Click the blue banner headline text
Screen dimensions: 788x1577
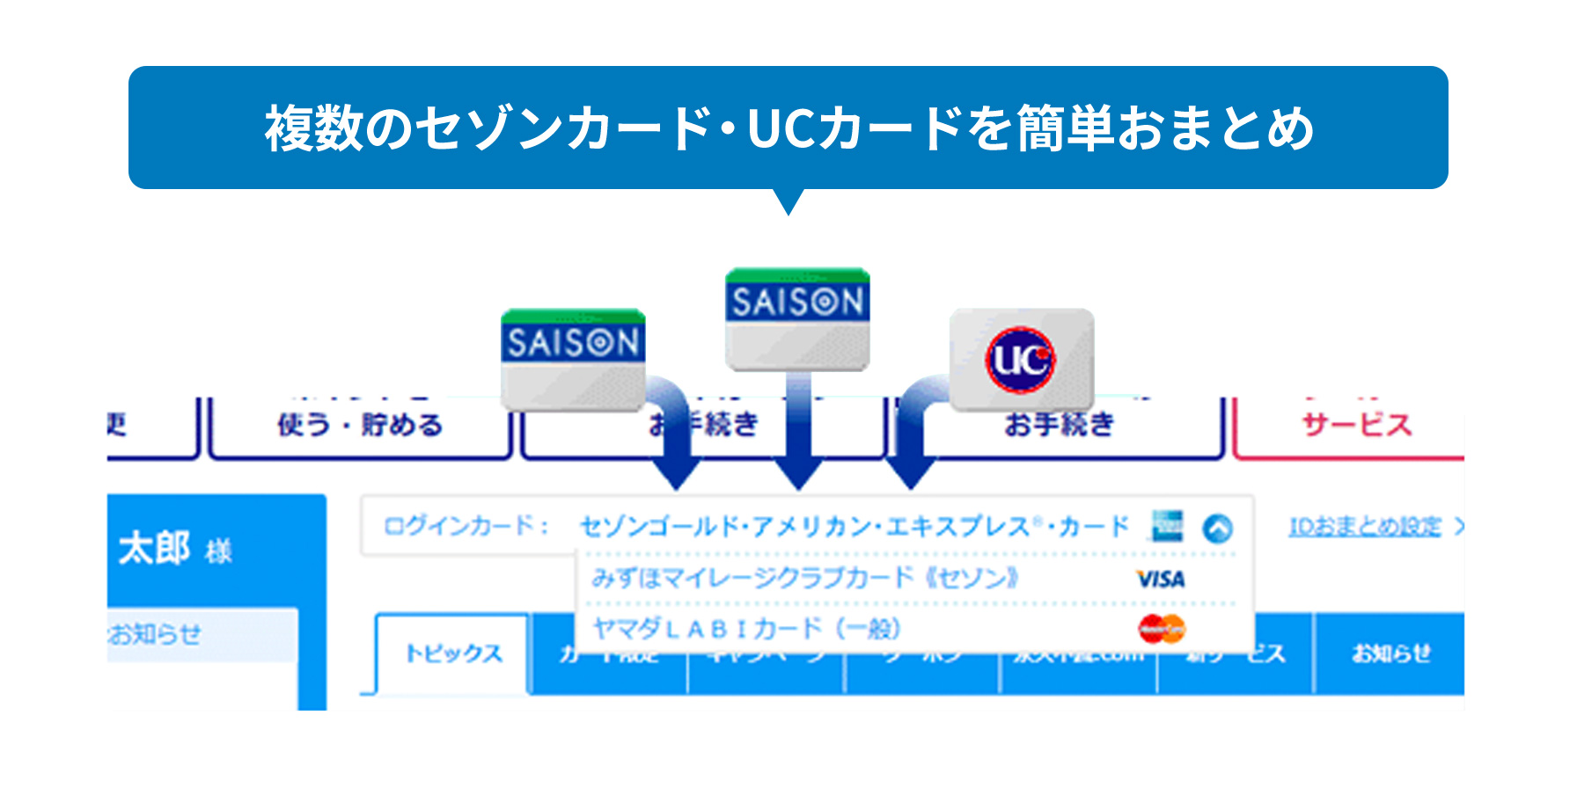click(x=788, y=128)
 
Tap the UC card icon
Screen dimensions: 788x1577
click(x=1021, y=359)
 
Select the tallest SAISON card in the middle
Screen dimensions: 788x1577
click(x=797, y=319)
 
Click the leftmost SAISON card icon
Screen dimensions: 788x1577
click(x=573, y=359)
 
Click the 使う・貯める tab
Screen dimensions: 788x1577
click(x=360, y=426)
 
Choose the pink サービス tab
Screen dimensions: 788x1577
click(x=1356, y=426)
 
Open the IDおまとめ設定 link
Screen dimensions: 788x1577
click(x=1365, y=527)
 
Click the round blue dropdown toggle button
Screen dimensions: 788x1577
click(x=1218, y=528)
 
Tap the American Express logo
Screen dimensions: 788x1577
click(x=1168, y=526)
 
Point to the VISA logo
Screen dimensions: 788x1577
click(x=1161, y=580)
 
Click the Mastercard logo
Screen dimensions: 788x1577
click(x=1162, y=629)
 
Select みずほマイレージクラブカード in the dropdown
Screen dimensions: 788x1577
click(x=804, y=579)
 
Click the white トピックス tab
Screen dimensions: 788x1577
click(x=453, y=653)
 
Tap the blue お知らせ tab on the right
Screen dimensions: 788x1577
click(x=1390, y=653)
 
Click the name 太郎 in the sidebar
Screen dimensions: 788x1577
click(x=155, y=549)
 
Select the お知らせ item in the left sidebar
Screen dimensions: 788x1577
click(x=157, y=634)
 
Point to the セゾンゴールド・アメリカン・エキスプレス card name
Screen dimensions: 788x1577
click(x=854, y=527)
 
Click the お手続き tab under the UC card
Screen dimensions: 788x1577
click(x=1060, y=426)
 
